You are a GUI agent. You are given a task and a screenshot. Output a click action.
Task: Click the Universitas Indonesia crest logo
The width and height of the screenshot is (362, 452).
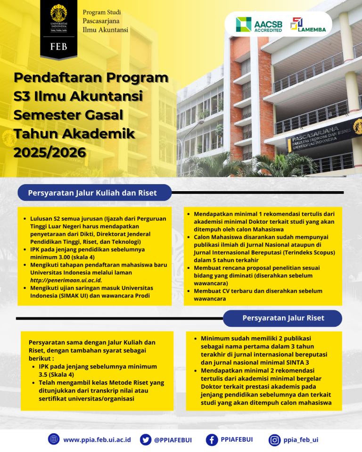(x=58, y=14)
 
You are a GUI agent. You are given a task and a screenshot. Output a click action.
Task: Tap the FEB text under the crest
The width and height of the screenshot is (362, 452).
(x=58, y=47)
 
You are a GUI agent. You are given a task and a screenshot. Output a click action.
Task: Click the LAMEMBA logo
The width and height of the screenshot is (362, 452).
(x=304, y=24)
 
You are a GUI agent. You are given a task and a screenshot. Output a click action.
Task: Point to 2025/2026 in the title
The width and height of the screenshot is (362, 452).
(x=49, y=152)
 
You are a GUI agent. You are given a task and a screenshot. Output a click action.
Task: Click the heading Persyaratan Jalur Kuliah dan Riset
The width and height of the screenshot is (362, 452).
(x=92, y=193)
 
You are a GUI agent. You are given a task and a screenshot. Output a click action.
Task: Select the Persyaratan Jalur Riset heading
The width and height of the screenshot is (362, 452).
(x=283, y=318)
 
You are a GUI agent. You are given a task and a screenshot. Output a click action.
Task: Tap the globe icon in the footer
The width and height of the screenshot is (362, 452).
(x=54, y=439)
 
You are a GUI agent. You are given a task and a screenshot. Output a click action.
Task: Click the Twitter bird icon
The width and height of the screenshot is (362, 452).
(x=146, y=439)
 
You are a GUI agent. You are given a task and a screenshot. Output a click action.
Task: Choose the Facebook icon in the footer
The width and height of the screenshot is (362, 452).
(x=212, y=439)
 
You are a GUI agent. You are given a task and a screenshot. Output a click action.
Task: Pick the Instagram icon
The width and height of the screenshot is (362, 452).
(x=274, y=440)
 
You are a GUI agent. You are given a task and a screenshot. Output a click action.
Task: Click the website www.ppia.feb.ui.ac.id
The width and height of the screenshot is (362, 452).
(x=97, y=440)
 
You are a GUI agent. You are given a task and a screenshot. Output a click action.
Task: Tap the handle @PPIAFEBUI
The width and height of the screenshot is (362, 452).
(x=173, y=440)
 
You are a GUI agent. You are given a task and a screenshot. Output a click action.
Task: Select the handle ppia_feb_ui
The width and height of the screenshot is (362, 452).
(x=301, y=440)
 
